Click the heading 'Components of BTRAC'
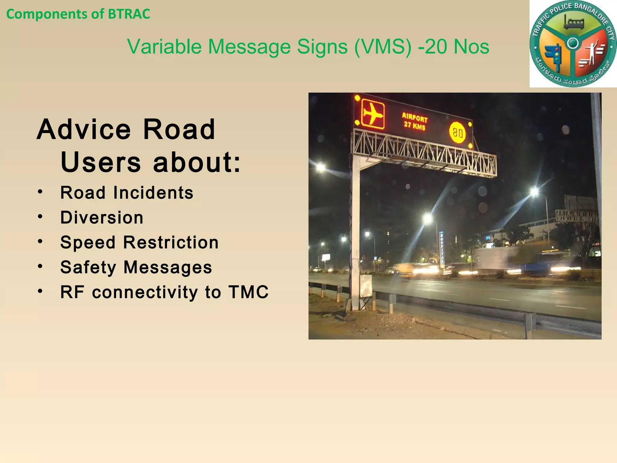coord(78,14)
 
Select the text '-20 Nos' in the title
coord(454,47)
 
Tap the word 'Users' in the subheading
coord(100,162)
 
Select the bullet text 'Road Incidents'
coord(127,193)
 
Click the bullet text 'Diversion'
coord(102,218)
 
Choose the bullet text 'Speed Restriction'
coord(139,243)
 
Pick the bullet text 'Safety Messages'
coord(136,267)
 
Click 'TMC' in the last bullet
coord(248,292)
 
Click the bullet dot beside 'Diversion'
coord(40,217)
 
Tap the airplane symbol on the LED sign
coord(373,114)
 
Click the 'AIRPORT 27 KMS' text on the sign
coord(415,121)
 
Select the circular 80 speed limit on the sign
coord(457,133)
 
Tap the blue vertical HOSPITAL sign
coord(442,249)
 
